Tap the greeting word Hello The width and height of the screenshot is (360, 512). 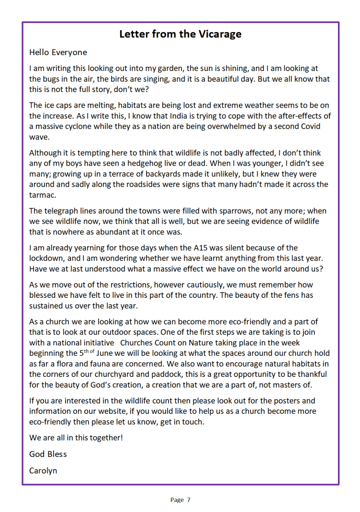(x=40, y=52)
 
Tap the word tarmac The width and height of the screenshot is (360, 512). (x=43, y=195)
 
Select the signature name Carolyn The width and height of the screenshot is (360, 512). (x=44, y=470)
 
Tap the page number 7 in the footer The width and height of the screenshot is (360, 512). (x=188, y=499)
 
